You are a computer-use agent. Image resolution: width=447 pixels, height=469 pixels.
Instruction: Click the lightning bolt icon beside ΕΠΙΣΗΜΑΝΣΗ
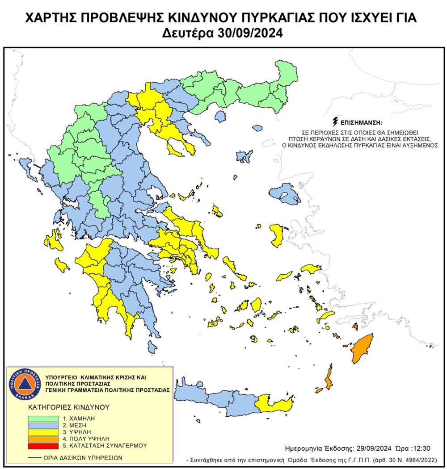(335, 121)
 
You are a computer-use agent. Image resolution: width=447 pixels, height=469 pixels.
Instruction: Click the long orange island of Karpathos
(329, 377)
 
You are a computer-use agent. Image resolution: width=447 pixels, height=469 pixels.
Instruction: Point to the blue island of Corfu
(23, 163)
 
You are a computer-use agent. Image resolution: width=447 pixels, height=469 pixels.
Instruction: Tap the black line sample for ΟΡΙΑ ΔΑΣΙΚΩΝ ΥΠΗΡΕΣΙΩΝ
(34, 458)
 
